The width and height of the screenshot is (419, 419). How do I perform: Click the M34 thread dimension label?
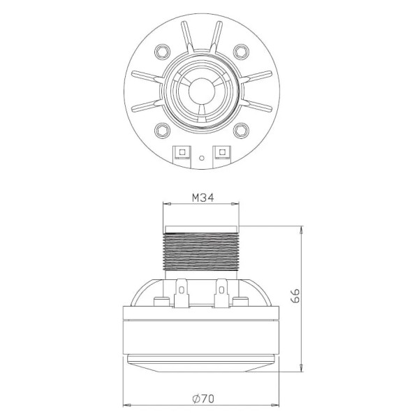pos(203,198)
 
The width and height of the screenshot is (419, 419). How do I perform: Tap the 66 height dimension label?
pos(295,295)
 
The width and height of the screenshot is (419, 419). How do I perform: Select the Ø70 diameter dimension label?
pos(203,399)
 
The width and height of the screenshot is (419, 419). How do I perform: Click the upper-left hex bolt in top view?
pos(162,51)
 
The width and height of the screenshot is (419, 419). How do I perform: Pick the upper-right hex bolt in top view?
pos(241,51)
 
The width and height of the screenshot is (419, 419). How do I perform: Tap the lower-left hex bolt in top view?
pos(162,131)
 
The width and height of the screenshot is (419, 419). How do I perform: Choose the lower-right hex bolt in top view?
pos(241,131)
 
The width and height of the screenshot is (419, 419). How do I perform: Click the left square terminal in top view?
pos(182,152)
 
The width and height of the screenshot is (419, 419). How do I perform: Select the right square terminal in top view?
pos(221,152)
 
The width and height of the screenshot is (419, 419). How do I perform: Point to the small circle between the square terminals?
pos(202,158)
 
